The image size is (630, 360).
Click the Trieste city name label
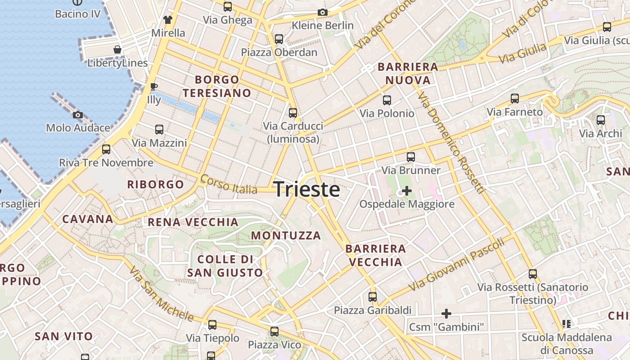click(306, 189)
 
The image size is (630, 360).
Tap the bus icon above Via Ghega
click(228, 7)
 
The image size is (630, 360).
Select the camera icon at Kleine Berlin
click(322, 13)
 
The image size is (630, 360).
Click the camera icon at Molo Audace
click(78, 115)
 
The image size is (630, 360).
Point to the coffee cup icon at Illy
click(153, 86)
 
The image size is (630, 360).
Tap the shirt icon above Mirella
click(168, 20)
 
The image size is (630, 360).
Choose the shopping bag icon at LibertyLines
click(117, 49)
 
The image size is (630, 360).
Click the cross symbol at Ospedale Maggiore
click(406, 191)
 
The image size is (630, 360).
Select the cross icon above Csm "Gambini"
click(446, 314)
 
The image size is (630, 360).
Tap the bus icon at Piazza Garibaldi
click(373, 297)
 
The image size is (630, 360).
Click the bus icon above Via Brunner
click(411, 157)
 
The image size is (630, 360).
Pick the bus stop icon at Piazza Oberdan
click(279, 39)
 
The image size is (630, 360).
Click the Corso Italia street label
click(229, 184)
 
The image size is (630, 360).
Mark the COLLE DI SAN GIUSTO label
click(225, 266)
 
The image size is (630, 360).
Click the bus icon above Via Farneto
click(515, 99)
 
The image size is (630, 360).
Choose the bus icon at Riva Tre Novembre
click(106, 149)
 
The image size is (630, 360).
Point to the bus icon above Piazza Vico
click(274, 332)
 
